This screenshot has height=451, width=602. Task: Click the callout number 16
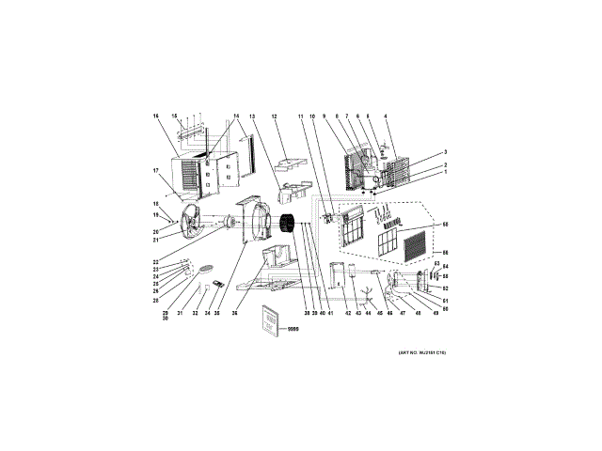[155, 116]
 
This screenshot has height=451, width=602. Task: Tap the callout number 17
[155, 170]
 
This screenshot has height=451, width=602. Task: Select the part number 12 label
[275, 116]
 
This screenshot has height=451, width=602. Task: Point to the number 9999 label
[293, 330]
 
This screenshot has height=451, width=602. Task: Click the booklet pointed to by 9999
[270, 319]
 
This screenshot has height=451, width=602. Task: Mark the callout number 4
[386, 116]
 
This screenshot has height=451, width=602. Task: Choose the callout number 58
[445, 225]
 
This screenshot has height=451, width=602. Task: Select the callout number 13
[253, 116]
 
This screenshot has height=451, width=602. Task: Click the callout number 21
[155, 239]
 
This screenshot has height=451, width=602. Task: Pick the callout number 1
[445, 172]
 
